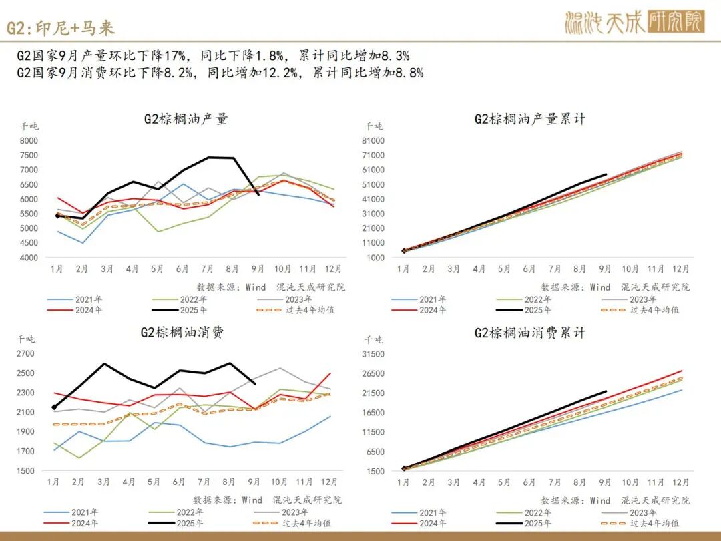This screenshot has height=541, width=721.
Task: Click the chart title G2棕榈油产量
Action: click(x=186, y=120)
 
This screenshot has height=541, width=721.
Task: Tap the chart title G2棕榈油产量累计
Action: click(x=530, y=120)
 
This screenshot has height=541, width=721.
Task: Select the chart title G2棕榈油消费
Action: click(x=182, y=333)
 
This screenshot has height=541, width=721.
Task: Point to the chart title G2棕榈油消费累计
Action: click(x=530, y=333)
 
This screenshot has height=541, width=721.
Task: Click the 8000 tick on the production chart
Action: click(x=29, y=140)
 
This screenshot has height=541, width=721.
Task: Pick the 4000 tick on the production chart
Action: click(x=29, y=258)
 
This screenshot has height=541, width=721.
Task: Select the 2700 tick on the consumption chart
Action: click(x=26, y=354)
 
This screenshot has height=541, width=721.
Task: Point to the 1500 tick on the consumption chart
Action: click(x=26, y=471)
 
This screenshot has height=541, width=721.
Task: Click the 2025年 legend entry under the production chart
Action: click(x=192, y=310)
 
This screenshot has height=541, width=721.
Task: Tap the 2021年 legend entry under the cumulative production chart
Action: click(x=433, y=300)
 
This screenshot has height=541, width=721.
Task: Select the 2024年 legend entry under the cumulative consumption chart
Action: click(x=433, y=524)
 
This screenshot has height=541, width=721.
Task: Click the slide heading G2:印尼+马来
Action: click(x=61, y=27)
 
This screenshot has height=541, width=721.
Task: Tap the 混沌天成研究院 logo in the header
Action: click(x=634, y=23)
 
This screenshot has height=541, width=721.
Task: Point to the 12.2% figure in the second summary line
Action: click(x=281, y=73)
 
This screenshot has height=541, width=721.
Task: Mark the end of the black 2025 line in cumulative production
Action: click(x=606, y=175)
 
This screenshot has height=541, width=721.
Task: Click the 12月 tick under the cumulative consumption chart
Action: click(x=681, y=482)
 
